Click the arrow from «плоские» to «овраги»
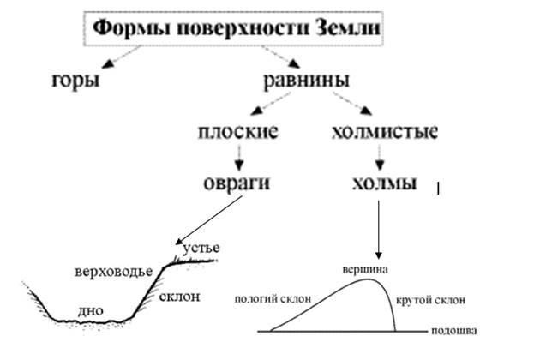tap(240, 157)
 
